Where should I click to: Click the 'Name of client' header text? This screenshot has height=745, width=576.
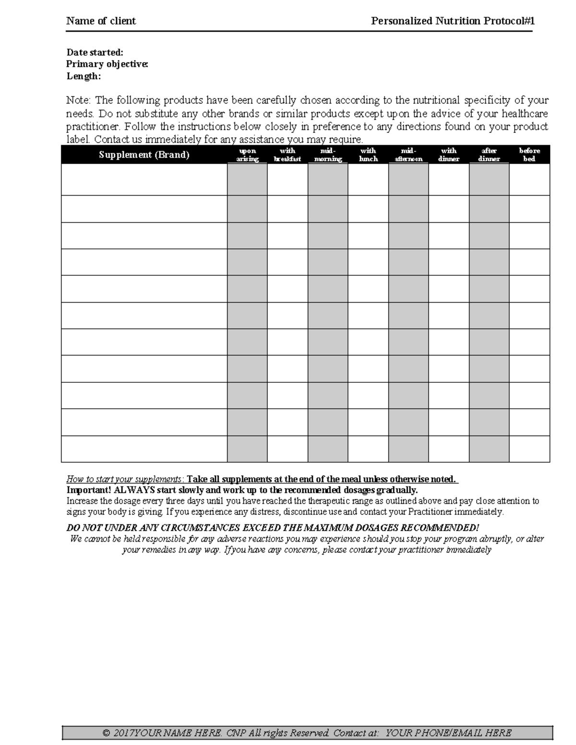(x=101, y=21)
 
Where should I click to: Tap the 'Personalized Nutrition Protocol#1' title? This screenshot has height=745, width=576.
(x=453, y=21)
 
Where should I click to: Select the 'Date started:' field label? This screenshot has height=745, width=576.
(x=95, y=52)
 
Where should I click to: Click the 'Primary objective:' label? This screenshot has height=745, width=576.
(x=107, y=64)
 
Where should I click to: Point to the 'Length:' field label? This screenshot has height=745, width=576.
(x=84, y=76)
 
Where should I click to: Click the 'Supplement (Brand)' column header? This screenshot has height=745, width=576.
(x=144, y=155)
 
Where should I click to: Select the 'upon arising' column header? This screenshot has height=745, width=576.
(x=247, y=155)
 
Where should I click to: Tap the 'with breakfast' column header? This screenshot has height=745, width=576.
(x=287, y=155)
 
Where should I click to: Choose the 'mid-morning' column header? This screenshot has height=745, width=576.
(x=328, y=155)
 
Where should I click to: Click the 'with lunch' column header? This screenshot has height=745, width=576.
(x=368, y=155)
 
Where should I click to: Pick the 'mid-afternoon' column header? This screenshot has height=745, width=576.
(x=408, y=155)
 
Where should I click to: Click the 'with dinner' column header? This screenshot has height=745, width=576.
(x=449, y=155)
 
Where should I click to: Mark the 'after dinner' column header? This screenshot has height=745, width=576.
(x=489, y=155)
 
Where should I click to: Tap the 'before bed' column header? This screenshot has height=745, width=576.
(x=529, y=155)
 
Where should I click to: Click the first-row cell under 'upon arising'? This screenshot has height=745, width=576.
(x=247, y=179)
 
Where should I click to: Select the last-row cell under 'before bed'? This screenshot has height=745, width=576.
(x=529, y=449)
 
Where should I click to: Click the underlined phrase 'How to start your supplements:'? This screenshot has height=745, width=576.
(x=125, y=479)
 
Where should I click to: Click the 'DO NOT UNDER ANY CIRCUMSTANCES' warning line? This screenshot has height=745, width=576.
(x=272, y=528)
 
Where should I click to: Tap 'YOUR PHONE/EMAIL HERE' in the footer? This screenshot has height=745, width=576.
(x=448, y=733)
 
